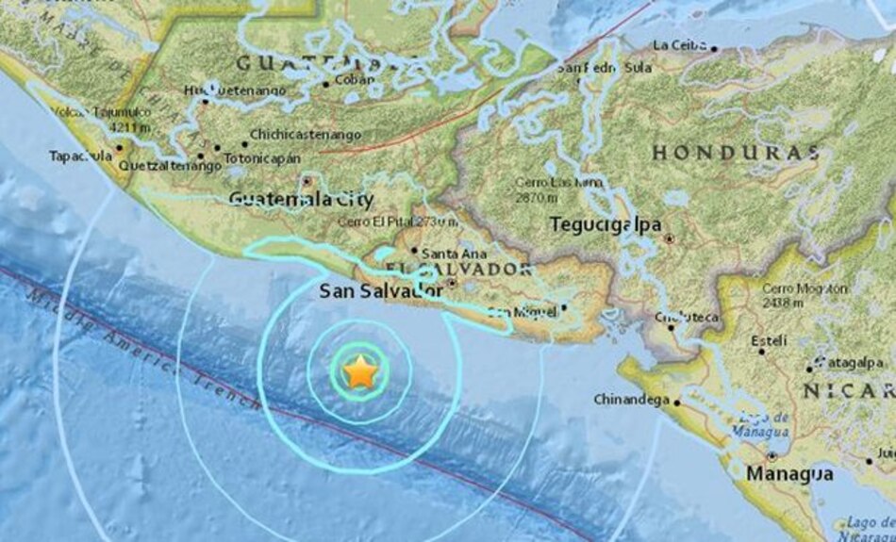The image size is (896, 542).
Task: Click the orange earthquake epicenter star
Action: [x=360, y=373]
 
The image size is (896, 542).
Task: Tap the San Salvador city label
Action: [x=381, y=291]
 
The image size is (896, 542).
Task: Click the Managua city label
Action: [x=789, y=474]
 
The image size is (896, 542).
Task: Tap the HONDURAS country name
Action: [x=736, y=153]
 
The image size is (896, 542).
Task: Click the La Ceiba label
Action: [x=678, y=44]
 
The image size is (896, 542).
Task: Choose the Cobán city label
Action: [x=355, y=80]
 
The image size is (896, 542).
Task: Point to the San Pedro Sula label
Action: [x=605, y=68]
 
